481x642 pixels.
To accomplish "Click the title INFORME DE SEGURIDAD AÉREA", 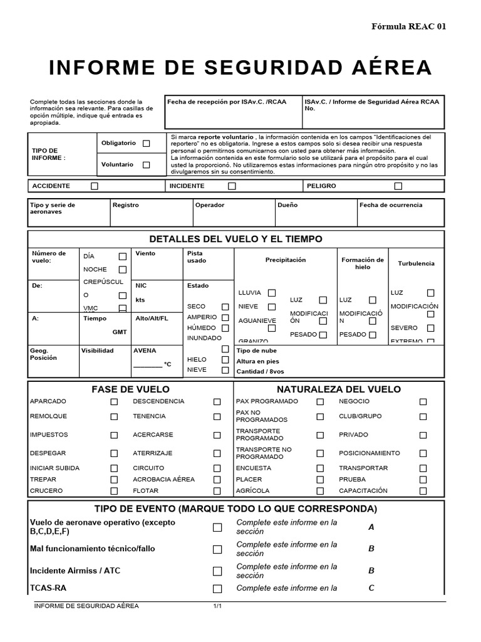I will click(240, 67).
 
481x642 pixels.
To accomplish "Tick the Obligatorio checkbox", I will click(146, 144).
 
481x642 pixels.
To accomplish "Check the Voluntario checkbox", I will click(146, 165).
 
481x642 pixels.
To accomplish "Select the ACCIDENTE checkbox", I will click(95, 186).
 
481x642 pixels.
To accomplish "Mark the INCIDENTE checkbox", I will click(232, 186).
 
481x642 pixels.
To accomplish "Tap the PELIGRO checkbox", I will click(398, 186).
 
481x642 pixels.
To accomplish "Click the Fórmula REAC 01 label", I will click(409, 26).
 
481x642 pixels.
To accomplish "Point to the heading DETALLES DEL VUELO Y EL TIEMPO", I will click(236, 239).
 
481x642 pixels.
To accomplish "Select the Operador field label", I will click(210, 205).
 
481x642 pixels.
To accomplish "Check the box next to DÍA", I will click(123, 256).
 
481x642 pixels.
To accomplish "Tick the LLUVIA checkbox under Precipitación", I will click(272, 293).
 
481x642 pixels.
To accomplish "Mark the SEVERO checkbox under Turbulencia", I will click(430, 328).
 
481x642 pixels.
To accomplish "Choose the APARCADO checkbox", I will click(114, 402).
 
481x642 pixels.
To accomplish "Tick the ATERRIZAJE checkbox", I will click(217, 453).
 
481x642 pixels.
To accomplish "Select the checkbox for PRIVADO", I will click(423, 434).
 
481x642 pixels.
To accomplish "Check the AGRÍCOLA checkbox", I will click(320, 491).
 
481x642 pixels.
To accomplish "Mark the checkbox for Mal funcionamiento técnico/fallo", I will click(217, 549).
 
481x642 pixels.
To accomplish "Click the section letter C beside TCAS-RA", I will click(371, 588).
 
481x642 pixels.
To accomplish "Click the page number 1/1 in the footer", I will click(218, 606).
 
